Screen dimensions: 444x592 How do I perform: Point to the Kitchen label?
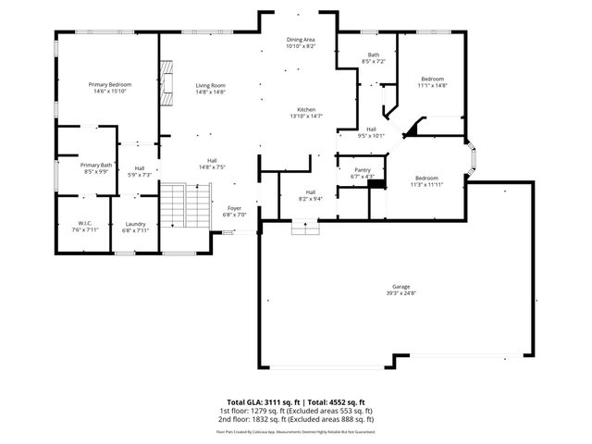[306, 110]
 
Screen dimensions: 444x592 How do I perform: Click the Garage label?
[401, 288]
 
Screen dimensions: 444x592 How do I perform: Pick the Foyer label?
[235, 209]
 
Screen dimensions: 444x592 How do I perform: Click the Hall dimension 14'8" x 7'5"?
[212, 167]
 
